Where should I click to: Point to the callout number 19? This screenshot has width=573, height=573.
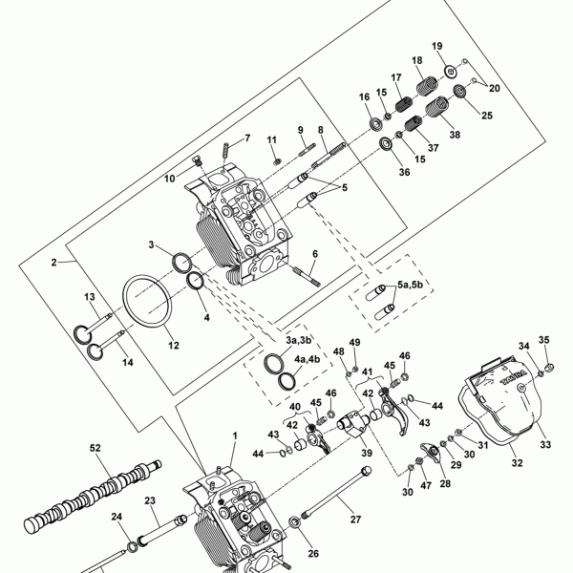[436, 46]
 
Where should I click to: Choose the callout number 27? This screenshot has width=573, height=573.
[354, 519]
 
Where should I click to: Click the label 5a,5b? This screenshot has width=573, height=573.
[416, 285]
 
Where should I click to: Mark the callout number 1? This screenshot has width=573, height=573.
[235, 435]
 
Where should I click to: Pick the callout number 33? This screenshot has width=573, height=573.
[545, 444]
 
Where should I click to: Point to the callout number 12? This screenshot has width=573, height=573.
[172, 345]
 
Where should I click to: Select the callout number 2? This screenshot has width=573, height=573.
[54, 261]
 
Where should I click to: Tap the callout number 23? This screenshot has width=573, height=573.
[150, 499]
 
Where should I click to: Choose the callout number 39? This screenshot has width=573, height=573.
[366, 456]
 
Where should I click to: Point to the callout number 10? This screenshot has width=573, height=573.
[169, 178]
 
